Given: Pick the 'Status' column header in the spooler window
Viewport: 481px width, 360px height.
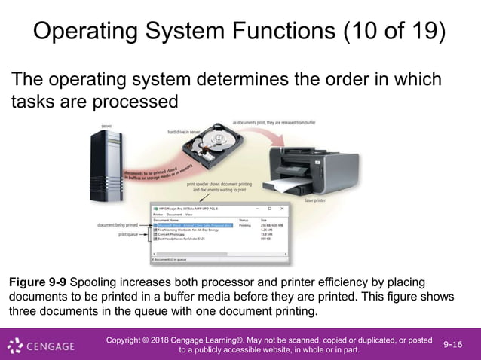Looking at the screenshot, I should [244, 220].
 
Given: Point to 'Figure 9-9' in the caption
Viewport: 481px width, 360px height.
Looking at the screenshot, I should [37, 282].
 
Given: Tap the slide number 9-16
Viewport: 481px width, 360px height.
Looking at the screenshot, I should [453, 344].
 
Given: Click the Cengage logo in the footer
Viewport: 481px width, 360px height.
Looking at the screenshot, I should [41, 346].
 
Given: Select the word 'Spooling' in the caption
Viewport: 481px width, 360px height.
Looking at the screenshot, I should [95, 282].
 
